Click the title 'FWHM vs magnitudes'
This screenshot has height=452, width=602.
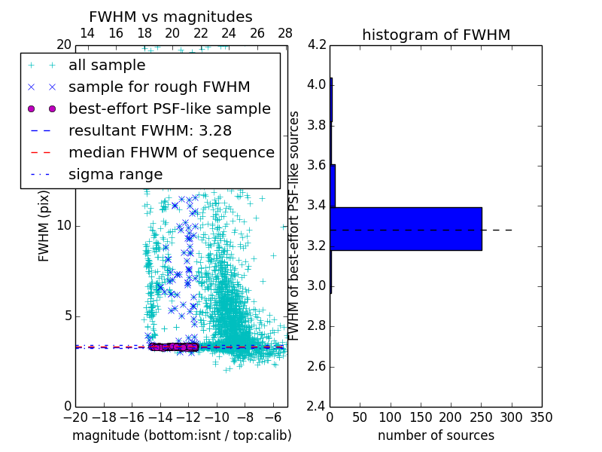pyautogui.click(x=171, y=17)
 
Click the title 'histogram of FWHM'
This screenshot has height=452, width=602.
pyautogui.click(x=436, y=35)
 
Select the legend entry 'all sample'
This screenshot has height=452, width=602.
pyautogui.click(x=107, y=66)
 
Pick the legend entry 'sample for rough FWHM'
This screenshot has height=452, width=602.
pyautogui.click(x=159, y=87)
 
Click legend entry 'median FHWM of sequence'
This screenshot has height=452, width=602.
pyautogui.click(x=171, y=153)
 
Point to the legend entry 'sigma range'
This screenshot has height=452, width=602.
pyautogui.click(x=115, y=175)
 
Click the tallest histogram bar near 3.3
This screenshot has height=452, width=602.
pyautogui.click(x=406, y=228)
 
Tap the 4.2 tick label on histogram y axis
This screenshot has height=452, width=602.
pyautogui.click(x=317, y=44)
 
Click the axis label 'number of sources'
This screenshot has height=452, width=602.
pyautogui.click(x=436, y=435)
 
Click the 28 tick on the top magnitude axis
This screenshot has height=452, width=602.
pyautogui.click(x=284, y=33)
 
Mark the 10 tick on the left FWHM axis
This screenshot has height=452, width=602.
pyautogui.click(x=63, y=226)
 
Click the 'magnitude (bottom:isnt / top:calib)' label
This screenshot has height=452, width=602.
pyautogui.click(x=181, y=435)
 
